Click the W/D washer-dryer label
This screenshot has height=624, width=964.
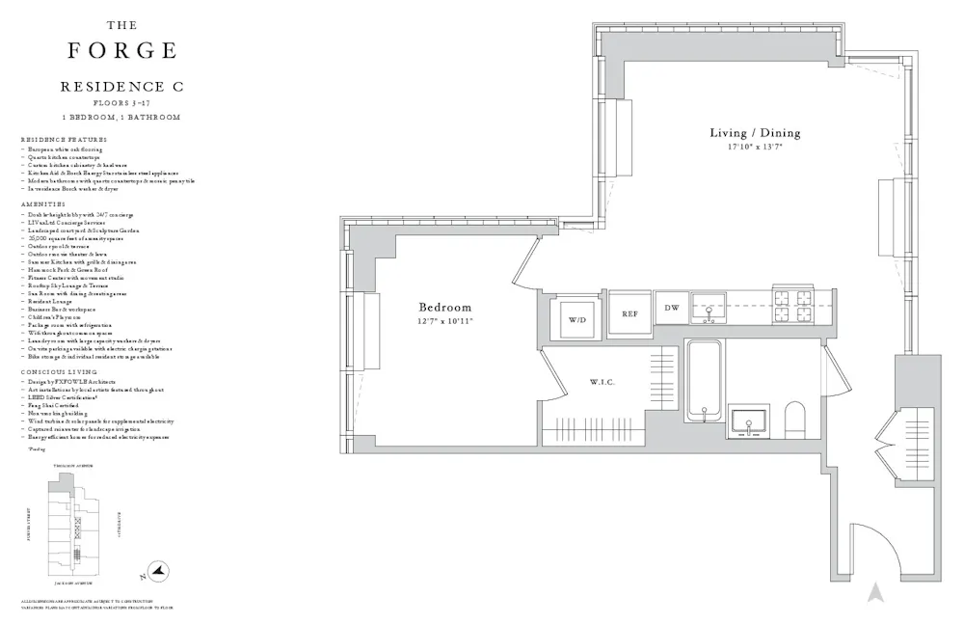(x=576, y=318)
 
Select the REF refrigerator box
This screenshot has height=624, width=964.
(x=629, y=314)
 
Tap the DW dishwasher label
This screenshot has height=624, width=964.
(x=672, y=308)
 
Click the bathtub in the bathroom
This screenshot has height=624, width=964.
(x=706, y=382)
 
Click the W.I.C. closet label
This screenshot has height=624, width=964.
(x=602, y=383)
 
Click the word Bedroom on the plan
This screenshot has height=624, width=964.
(x=445, y=307)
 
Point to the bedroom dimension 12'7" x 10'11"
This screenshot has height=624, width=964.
(x=445, y=321)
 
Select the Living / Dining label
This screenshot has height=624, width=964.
(x=755, y=133)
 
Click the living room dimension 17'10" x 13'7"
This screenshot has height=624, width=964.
(x=755, y=148)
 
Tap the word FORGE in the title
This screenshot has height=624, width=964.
(x=121, y=50)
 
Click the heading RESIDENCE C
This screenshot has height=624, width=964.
(x=121, y=87)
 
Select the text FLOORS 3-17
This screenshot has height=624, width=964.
(x=121, y=102)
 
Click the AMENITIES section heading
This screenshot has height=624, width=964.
(x=43, y=204)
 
